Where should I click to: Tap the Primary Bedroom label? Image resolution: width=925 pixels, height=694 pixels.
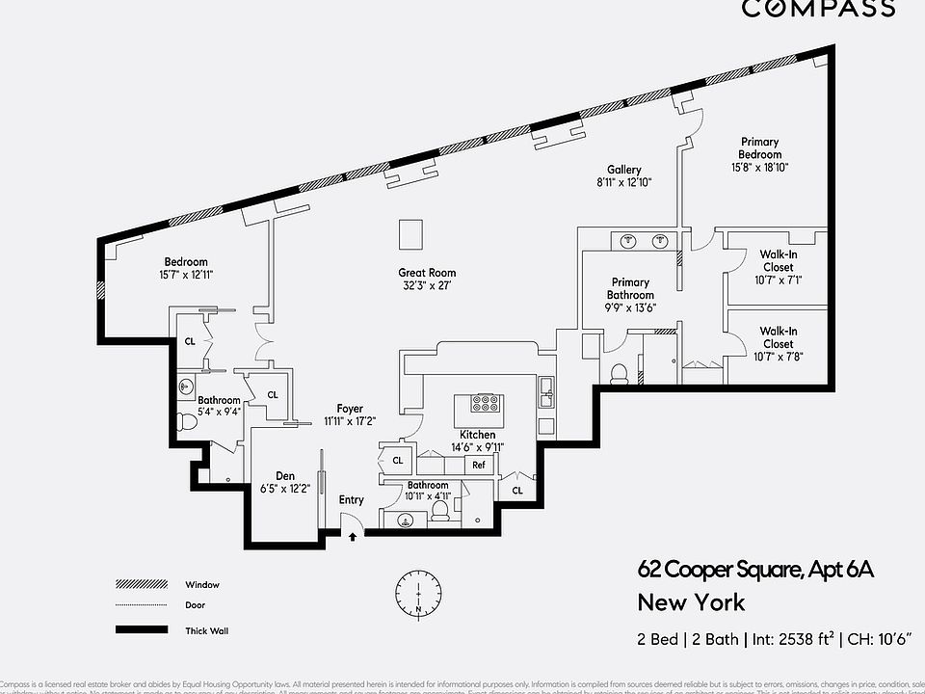pos(759,148)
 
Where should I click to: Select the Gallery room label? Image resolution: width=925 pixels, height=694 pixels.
pos(623,170)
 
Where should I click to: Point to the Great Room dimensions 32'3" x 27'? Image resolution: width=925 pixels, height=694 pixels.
pos(427,286)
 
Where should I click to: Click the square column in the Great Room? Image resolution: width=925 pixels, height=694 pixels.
pos(410,235)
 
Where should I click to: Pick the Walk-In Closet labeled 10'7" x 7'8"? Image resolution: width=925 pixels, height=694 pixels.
pos(779,343)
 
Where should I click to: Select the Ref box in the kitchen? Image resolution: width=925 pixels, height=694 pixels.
pos(479,465)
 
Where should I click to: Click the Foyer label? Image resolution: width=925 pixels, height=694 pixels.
pos(349,408)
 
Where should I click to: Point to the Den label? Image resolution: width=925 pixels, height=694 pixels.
pos(285,476)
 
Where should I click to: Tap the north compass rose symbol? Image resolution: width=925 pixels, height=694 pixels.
pos(418,591)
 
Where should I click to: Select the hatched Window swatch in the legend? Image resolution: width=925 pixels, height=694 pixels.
pos(142,584)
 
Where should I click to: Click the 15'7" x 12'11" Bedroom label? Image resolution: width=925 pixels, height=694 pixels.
pos(185,268)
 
